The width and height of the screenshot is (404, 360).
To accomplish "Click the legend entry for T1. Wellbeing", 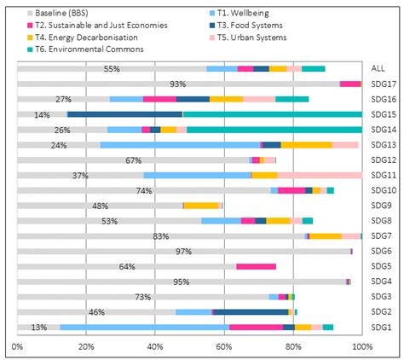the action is coord(239,13).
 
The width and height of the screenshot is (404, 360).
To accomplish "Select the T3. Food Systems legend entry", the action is coord(245,26).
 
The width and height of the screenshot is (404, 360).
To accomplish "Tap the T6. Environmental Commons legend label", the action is coord(85,49).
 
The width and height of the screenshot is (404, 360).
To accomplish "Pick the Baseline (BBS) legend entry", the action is coord(58,13).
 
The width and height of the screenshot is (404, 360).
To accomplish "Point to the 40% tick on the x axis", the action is coord(155,346).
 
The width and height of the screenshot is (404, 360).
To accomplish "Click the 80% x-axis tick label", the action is coord(293,346).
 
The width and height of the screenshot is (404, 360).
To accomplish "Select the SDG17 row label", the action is coord(384,84).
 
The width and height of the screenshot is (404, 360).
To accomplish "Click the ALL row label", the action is coord(378,68).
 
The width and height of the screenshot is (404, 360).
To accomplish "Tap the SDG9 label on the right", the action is coord(381,206).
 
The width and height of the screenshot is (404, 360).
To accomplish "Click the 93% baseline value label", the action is coord(178,84).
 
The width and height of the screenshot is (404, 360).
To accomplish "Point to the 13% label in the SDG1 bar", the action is coord(39,328).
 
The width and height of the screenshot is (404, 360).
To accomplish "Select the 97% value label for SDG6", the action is coord(183,252).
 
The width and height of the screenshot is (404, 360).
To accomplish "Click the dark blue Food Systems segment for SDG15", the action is coord(124,114).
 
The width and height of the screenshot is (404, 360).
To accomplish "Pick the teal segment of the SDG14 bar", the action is coord(274,130).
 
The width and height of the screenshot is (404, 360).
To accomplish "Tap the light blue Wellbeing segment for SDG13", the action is coord(181,145).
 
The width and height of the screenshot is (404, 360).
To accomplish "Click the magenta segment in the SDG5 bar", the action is coord(257,266).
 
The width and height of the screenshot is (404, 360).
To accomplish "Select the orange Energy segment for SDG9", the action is coord(201,206).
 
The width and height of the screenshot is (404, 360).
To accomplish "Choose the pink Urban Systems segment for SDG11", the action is coord(320,175).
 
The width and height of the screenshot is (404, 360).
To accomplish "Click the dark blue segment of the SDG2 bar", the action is coord(251,312).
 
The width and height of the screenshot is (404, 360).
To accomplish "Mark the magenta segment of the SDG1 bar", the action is coord(257,328).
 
